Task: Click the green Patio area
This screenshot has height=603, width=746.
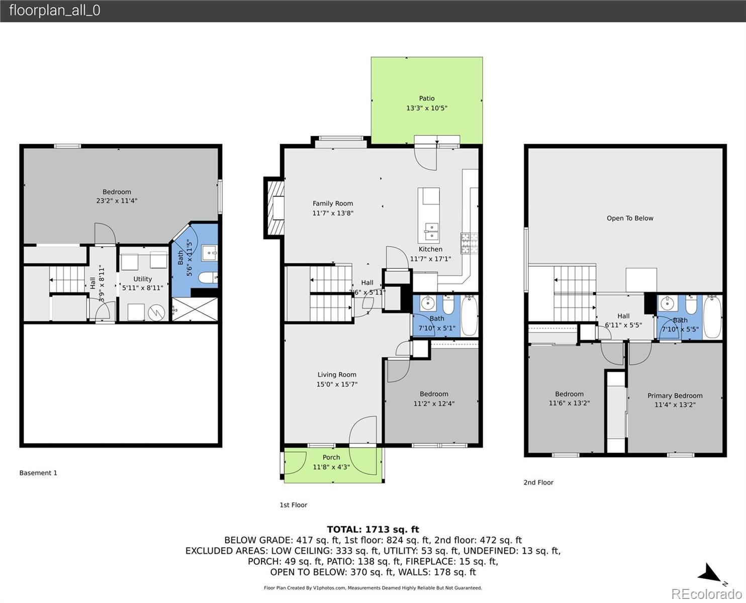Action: (427, 100)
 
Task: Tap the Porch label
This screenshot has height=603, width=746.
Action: (331, 457)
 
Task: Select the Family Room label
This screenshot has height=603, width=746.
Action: (333, 204)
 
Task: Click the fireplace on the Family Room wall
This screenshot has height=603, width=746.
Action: (274, 208)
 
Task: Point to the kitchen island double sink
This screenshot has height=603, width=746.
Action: (432, 232)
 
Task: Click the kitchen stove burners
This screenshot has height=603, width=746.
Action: (469, 243)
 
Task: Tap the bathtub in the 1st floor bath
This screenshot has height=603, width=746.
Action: (469, 316)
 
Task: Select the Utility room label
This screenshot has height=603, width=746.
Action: (143, 279)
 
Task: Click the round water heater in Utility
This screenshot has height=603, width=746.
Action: (156, 313)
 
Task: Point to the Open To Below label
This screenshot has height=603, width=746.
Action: (630, 218)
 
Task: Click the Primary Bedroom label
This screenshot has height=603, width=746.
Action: (675, 395)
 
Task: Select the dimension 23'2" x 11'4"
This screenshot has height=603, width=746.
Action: (117, 200)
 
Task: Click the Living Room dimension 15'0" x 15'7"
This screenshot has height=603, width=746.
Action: (337, 384)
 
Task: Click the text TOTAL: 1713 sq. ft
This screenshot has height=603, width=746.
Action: (373, 529)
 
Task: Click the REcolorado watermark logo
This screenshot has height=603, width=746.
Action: (707, 593)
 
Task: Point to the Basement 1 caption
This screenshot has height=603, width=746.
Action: (38, 473)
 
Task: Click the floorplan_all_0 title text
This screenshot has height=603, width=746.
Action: (55, 11)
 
